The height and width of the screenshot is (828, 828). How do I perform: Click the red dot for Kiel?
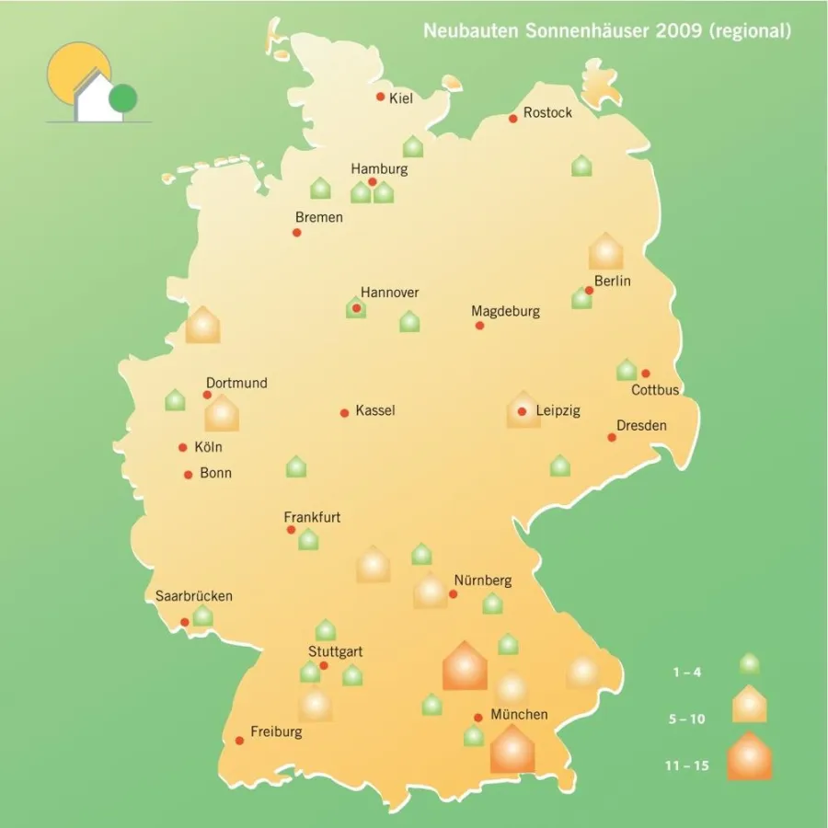pyautogui.click(x=380, y=97)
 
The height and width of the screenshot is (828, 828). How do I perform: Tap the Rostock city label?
pyautogui.click(x=547, y=113)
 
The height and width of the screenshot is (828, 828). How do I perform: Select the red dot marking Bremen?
pyautogui.click(x=296, y=232)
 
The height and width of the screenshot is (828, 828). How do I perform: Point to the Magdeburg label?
pyautogui.click(x=505, y=311)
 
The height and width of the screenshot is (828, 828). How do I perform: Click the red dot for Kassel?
pyautogui.click(x=345, y=412)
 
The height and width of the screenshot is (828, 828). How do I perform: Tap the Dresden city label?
pyautogui.click(x=641, y=425)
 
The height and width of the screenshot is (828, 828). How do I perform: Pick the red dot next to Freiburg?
pyautogui.click(x=239, y=740)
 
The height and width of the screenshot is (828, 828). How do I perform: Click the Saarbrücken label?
pyautogui.click(x=194, y=595)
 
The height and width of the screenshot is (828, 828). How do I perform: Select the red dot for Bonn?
pyautogui.click(x=189, y=475)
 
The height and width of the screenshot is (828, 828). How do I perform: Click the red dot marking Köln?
pyautogui.click(x=183, y=448)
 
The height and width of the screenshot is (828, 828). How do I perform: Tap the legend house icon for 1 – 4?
pyautogui.click(x=750, y=663)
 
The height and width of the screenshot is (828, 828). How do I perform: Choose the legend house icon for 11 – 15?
pyautogui.click(x=750, y=756)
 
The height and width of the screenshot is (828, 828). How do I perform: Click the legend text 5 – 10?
pyautogui.click(x=687, y=719)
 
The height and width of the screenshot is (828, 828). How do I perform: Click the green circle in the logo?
pyautogui.click(x=122, y=97)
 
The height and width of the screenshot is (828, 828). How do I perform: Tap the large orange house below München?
pyautogui.click(x=512, y=749)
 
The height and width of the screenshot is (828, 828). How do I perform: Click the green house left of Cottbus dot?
pyautogui.click(x=627, y=370)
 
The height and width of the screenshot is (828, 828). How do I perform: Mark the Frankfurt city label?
pyautogui.click(x=312, y=517)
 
